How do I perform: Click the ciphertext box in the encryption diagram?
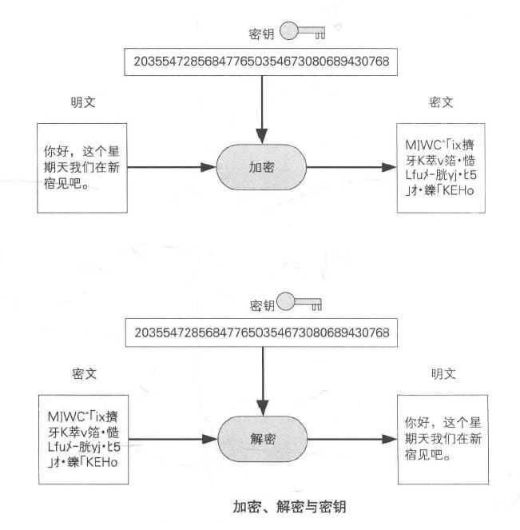tap(441, 166)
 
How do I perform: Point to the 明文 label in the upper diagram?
tap(81, 103)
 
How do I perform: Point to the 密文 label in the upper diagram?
tap(441, 103)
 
